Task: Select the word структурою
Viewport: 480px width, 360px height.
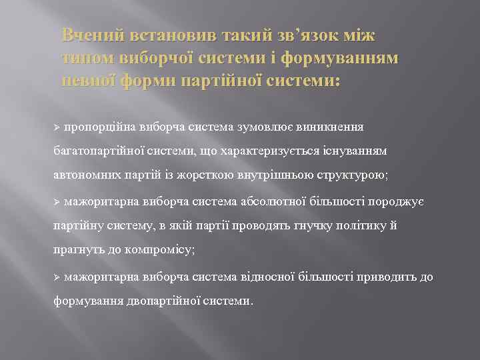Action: pyautogui.click(x=359, y=175)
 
